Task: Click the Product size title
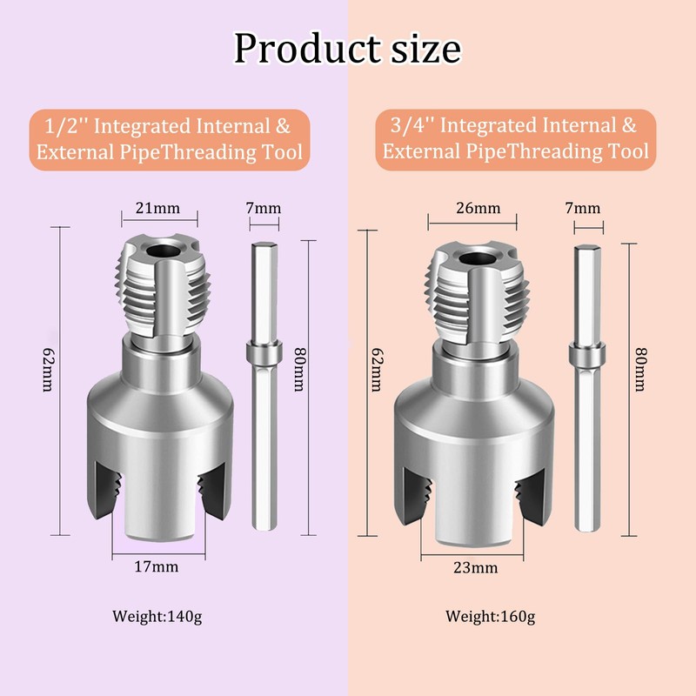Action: pos(347,49)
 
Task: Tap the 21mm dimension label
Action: pos(157,208)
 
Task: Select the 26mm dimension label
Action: pos(478,208)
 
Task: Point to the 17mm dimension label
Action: pos(157,566)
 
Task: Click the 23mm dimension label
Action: pos(477,567)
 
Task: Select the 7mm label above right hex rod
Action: pos(582,208)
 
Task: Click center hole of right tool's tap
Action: pos(476,259)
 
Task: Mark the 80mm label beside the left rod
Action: pos(297,374)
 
